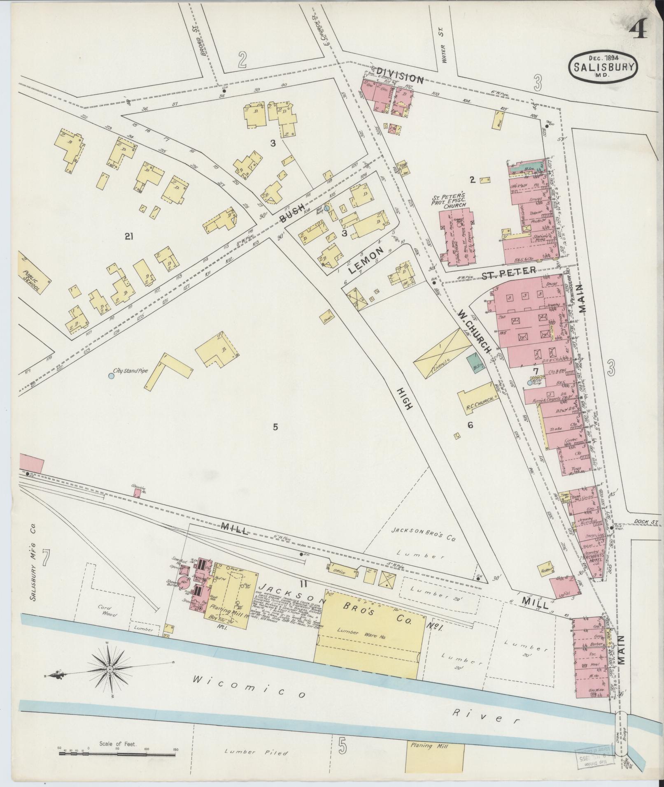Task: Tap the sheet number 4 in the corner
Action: click(x=638, y=30)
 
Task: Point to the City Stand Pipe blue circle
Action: click(x=111, y=376)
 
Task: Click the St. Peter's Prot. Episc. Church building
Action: click(x=459, y=234)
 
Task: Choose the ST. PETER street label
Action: click(x=508, y=273)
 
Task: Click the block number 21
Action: click(x=129, y=236)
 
